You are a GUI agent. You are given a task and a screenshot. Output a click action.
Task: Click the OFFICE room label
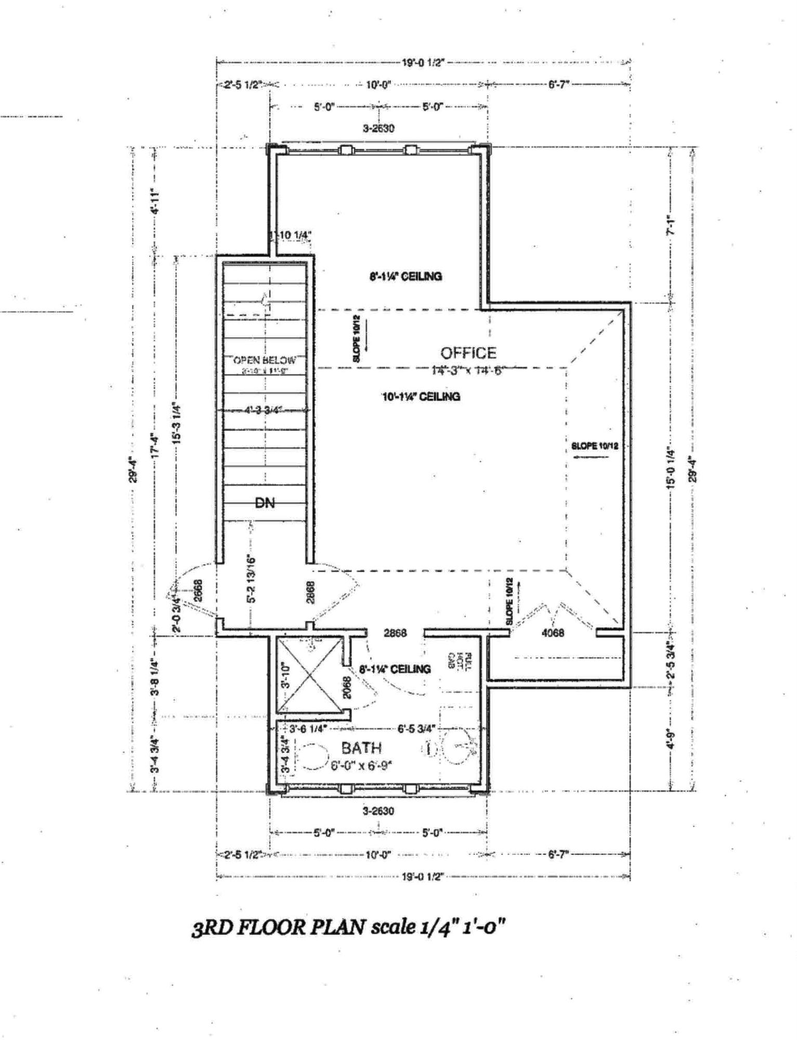pos(468,353)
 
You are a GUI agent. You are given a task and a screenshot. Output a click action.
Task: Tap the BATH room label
pos(361,748)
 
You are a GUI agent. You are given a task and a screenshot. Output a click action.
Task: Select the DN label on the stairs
pos(265,502)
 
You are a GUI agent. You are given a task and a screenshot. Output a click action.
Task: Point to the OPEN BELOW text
pos(265,360)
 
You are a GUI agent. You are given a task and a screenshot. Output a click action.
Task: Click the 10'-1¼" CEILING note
pos(421,397)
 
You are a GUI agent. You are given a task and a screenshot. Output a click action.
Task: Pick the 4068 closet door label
pos(553,633)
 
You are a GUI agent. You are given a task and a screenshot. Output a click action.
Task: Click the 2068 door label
pos(348,686)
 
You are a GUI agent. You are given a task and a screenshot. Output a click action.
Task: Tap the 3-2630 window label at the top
pos(378,128)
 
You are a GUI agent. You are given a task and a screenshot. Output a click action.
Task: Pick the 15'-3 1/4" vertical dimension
pos(176,422)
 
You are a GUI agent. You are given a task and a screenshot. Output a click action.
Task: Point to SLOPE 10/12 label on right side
pos(594,446)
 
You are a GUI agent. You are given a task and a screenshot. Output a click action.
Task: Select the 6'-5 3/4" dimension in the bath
pos(416,729)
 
